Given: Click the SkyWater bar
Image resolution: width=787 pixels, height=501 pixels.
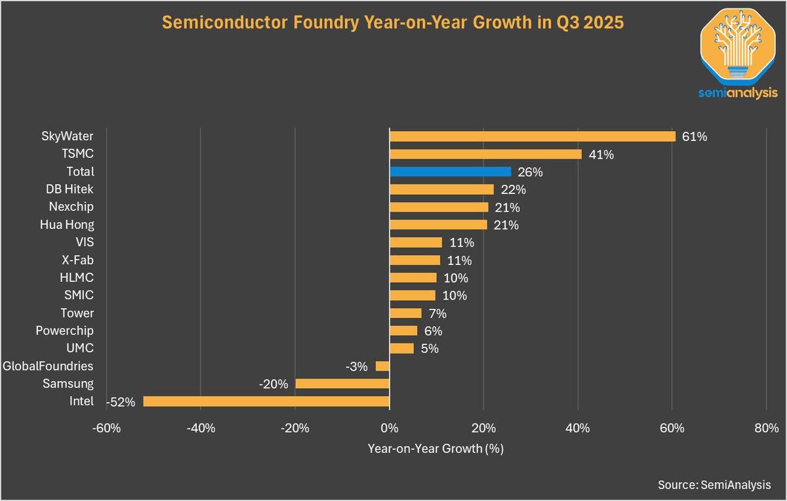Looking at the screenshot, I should (532, 136).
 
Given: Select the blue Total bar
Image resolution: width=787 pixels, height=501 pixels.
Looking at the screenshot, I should (450, 172).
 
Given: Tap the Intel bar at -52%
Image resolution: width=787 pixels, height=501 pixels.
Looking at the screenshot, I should (266, 401).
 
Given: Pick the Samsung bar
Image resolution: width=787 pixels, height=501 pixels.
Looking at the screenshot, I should (342, 384).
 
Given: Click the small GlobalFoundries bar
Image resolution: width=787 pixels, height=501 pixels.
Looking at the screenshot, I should (382, 366).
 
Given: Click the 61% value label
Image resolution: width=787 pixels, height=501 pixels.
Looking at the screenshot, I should (695, 137).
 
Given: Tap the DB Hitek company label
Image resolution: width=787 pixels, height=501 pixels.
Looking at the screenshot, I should (70, 190).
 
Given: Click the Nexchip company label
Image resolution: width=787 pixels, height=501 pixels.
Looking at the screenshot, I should (71, 207).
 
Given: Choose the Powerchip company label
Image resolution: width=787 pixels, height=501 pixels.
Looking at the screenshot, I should (65, 331).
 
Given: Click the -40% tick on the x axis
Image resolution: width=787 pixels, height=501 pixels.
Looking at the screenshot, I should (201, 429).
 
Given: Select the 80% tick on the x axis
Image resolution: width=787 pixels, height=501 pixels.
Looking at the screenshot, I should (766, 429).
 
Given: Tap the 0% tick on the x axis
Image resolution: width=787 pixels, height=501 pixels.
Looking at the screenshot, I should (390, 429).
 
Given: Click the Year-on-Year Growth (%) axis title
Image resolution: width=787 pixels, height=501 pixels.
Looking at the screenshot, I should (435, 450).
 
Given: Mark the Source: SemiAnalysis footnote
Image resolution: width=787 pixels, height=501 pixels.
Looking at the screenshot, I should (714, 485).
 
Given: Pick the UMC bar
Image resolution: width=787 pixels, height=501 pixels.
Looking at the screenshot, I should (401, 348).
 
